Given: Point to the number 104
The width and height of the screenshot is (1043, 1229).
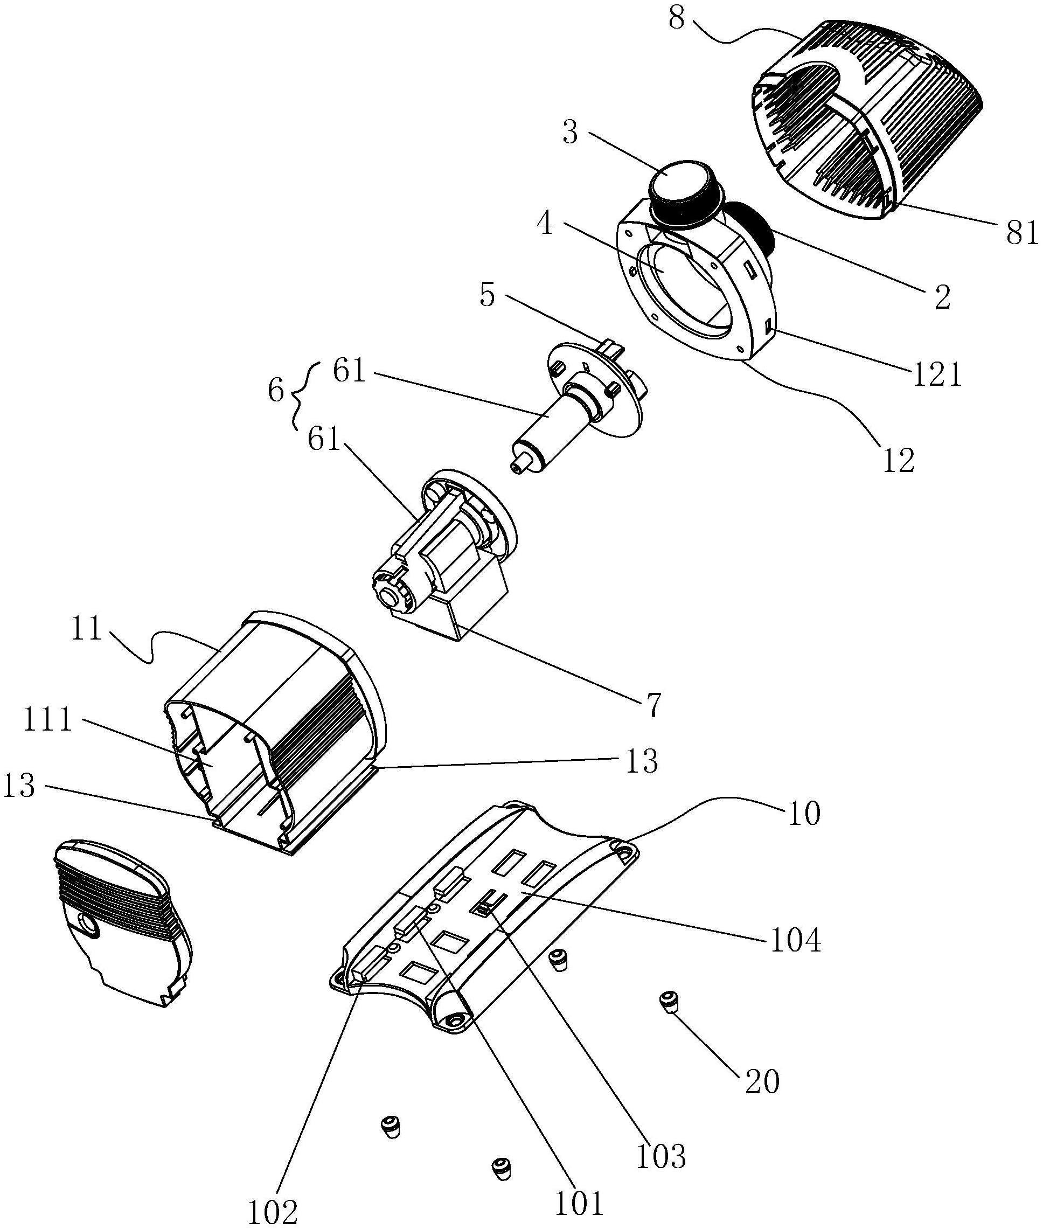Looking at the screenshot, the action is (x=796, y=940).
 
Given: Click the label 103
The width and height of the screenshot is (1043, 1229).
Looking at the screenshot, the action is (x=661, y=1156).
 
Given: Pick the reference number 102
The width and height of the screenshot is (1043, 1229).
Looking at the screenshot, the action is (x=273, y=1212).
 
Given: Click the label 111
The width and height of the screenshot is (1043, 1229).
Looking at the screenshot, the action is (x=47, y=720).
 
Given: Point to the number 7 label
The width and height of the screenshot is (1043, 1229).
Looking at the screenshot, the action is (x=653, y=704).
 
